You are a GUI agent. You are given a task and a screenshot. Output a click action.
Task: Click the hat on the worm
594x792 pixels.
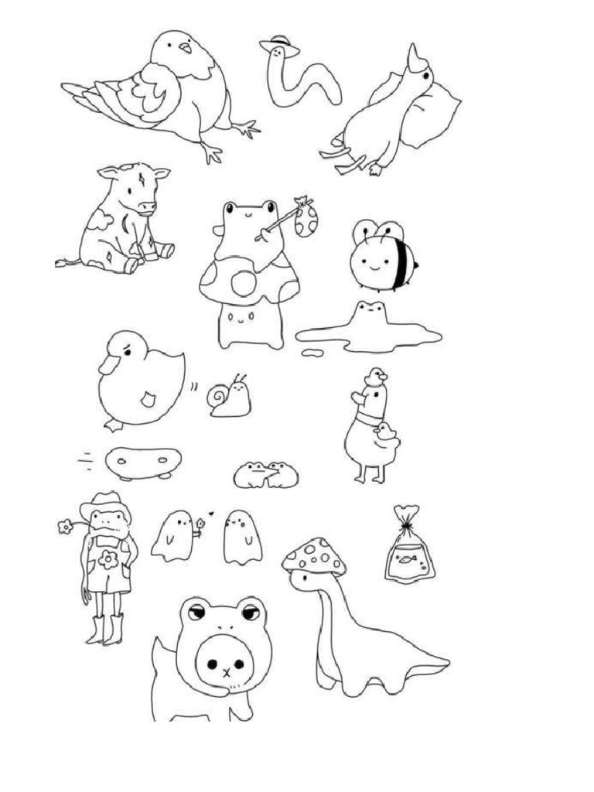[x=280, y=43]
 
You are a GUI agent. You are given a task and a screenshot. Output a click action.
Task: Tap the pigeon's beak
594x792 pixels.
[x=185, y=48]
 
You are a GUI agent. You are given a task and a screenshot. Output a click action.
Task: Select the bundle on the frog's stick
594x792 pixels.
[x=306, y=219]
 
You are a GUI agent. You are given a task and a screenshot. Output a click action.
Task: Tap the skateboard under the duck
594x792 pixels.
[x=143, y=463]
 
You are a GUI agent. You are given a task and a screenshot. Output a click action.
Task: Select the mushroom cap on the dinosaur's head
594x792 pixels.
[x=315, y=555]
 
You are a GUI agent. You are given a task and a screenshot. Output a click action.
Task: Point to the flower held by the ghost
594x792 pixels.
[x=200, y=524]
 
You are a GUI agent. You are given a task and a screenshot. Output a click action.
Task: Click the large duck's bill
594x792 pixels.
[x=107, y=363]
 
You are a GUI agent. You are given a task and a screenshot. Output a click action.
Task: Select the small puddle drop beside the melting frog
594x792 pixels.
[x=312, y=353]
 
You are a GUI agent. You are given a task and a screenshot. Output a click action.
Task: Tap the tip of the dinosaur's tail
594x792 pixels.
[x=447, y=664]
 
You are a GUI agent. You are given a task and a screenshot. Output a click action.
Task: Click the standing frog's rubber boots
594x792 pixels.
[x=105, y=630]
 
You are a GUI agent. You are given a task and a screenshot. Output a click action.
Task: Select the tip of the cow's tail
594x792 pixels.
[x=60, y=264]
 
